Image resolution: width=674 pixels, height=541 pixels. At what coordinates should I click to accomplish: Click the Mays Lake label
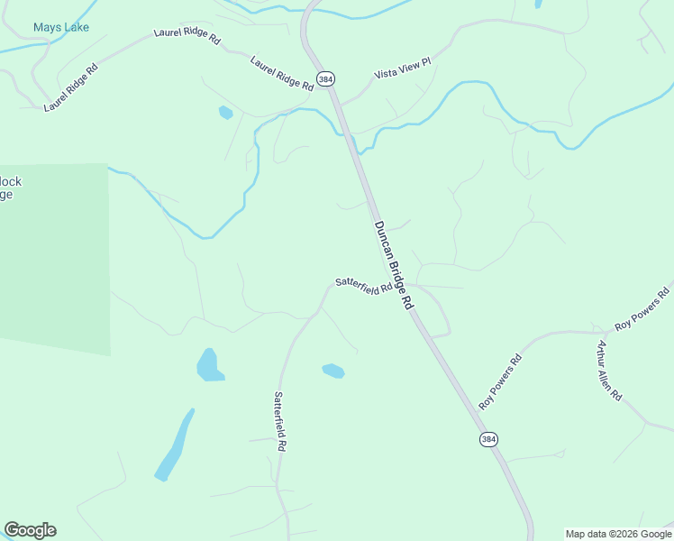pyautogui.click(x=61, y=27)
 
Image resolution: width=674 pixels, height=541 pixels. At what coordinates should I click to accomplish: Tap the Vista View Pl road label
pyautogui.click(x=403, y=68)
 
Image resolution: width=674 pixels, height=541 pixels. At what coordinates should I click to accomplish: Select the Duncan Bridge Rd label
pyautogui.click(x=393, y=266)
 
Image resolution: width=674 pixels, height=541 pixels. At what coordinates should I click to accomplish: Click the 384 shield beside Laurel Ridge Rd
pyautogui.click(x=325, y=79)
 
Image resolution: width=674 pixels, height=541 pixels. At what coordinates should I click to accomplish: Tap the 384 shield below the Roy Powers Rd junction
pyautogui.click(x=487, y=439)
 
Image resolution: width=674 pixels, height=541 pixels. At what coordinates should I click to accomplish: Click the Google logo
pyautogui.click(x=30, y=530)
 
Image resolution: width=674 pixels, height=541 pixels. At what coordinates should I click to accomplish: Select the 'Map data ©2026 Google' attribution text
pyautogui.click(x=618, y=534)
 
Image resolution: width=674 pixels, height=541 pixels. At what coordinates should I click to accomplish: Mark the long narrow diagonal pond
pyautogui.click(x=174, y=445)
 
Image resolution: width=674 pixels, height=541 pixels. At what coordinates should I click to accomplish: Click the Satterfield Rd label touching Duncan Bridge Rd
pyautogui.click(x=363, y=285)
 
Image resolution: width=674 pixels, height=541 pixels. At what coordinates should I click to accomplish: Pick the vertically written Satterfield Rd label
pyautogui.click(x=280, y=421)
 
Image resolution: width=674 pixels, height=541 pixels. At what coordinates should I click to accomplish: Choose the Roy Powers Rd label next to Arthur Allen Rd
pyautogui.click(x=642, y=308)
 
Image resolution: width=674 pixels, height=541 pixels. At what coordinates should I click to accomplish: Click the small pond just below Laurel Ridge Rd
pyautogui.click(x=225, y=113)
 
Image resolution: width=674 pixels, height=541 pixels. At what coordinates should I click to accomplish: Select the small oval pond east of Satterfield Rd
pyautogui.click(x=333, y=371)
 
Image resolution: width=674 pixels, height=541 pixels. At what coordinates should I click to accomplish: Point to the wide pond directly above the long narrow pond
pyautogui.click(x=210, y=365)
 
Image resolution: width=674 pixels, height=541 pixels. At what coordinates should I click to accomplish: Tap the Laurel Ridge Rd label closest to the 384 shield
pyautogui.click(x=281, y=72)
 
